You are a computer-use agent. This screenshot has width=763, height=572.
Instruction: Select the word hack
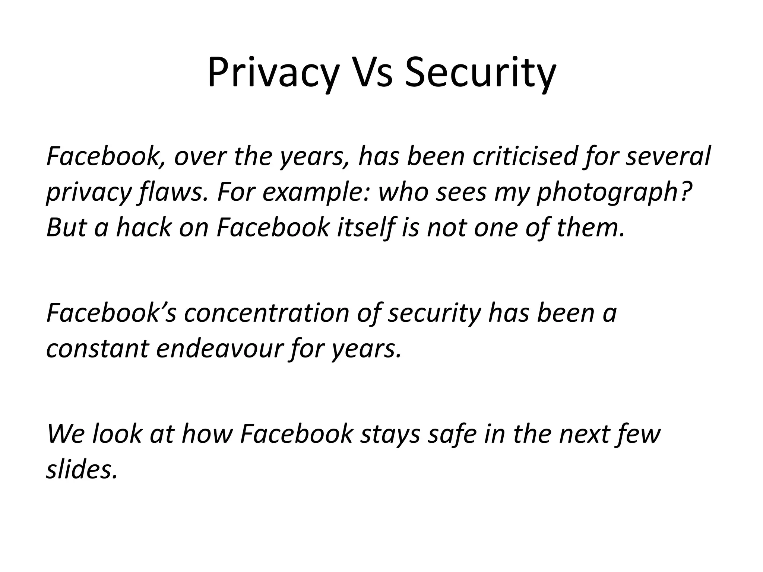coord(143,228)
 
